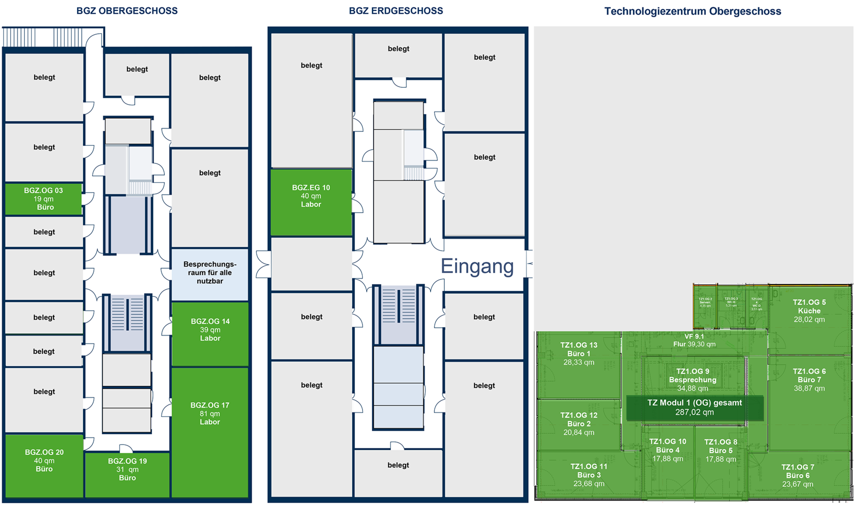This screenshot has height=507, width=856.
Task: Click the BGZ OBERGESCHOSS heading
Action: (x=127, y=11)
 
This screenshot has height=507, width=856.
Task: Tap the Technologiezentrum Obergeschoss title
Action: (x=692, y=11)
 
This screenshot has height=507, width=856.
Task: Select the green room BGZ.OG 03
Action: (x=44, y=199)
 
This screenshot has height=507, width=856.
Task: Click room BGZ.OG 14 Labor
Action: (x=210, y=330)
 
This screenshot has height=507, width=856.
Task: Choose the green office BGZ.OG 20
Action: (x=44, y=461)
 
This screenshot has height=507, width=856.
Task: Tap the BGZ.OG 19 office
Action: (x=127, y=469)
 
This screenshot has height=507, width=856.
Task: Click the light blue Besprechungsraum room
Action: (x=210, y=273)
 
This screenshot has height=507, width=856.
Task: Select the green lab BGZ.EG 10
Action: (x=311, y=196)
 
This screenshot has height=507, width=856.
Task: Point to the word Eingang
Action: (x=477, y=266)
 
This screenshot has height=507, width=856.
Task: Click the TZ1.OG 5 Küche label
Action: (x=809, y=307)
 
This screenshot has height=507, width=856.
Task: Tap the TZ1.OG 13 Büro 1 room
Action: (x=578, y=353)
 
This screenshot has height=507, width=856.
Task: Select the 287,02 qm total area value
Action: (x=694, y=413)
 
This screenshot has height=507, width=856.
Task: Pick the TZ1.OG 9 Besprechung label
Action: (x=693, y=376)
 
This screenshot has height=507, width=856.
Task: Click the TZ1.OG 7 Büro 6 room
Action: (x=797, y=476)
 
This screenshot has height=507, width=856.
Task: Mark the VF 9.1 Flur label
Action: (x=694, y=340)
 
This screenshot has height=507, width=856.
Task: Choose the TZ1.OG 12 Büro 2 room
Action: (x=578, y=424)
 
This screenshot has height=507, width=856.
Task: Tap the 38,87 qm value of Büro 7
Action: (x=809, y=389)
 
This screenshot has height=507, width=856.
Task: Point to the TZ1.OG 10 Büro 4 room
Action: (x=667, y=450)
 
